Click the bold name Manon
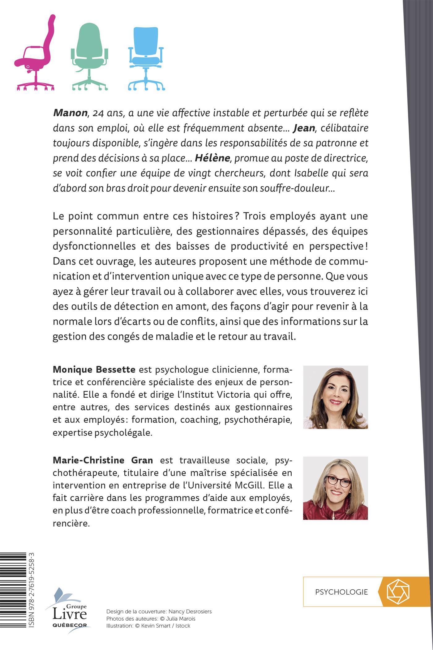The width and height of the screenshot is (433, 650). pyautogui.click(x=70, y=113)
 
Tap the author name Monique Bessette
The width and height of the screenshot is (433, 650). pyautogui.click(x=94, y=370)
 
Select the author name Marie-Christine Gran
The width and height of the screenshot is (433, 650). pyautogui.click(x=103, y=460)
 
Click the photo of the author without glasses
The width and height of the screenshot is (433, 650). pyautogui.click(x=335, y=397)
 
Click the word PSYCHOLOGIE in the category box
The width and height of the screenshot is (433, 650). pyautogui.click(x=341, y=592)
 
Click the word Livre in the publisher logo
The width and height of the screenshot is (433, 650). pyautogui.click(x=70, y=614)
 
